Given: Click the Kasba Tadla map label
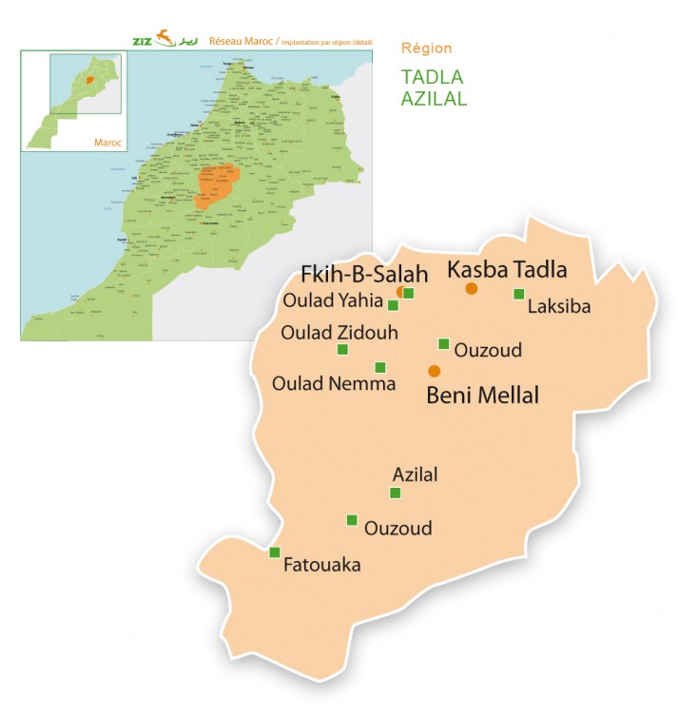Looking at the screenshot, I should [506, 269].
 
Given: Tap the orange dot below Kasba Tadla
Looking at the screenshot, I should [471, 288].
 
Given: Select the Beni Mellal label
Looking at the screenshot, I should [482, 395].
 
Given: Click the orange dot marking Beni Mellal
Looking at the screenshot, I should [435, 371].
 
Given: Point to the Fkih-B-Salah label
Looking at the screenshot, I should [363, 274].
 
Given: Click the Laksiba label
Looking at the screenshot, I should [558, 307].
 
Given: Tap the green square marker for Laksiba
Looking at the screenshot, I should [518, 294].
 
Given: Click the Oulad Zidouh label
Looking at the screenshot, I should [339, 333].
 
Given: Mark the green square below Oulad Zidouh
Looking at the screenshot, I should [342, 350].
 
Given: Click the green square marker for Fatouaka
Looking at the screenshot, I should [275, 552].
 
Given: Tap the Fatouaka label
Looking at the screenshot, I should [322, 565].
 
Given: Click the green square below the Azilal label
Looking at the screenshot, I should [396, 493].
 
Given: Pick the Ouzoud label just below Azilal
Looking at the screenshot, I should [397, 528].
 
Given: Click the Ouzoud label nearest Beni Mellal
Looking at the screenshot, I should [488, 351].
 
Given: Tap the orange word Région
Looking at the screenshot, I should [427, 48].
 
